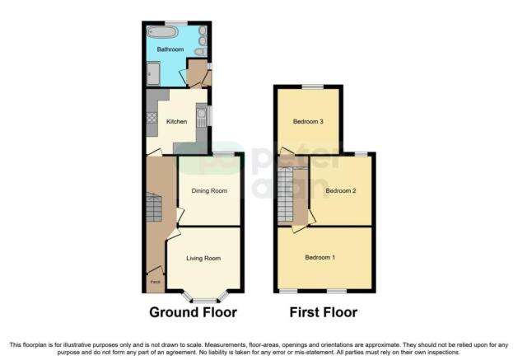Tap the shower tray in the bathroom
[x=152, y=75]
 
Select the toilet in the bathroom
[x=200, y=52]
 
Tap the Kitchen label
[x=177, y=122]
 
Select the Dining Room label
[x=208, y=191]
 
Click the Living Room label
[x=204, y=259]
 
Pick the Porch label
[x=155, y=283]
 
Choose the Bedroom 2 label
[x=340, y=191]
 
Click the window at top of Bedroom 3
[x=311, y=86]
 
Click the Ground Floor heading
[x=193, y=313]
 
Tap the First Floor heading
[x=324, y=313]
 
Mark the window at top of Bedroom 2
[x=361, y=153]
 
